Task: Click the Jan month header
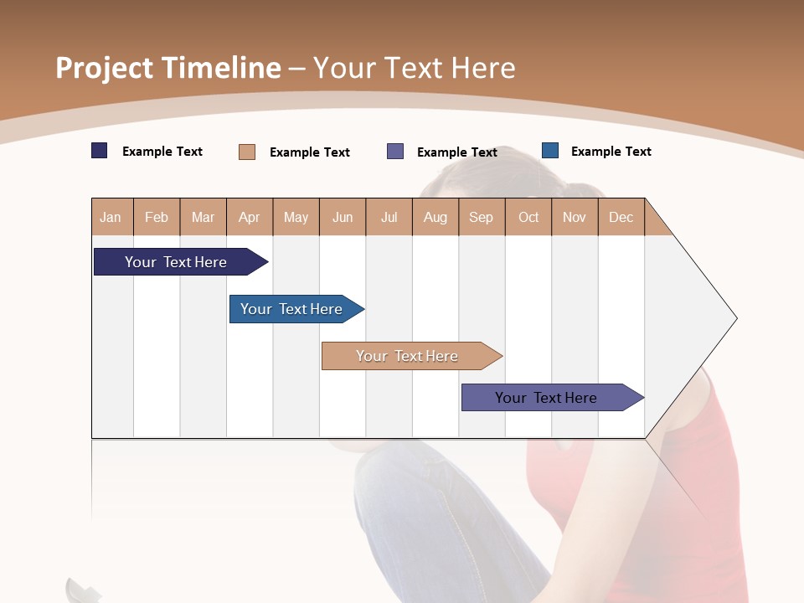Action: [x=111, y=218]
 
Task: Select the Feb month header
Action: [x=157, y=218]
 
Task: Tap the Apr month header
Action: [x=249, y=218]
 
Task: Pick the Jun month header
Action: [x=343, y=218]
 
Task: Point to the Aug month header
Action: [x=435, y=218]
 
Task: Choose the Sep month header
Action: [x=481, y=218]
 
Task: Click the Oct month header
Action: [x=528, y=218]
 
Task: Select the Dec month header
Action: [x=621, y=218]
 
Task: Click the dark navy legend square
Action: [x=100, y=151]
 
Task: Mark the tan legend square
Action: [x=247, y=152]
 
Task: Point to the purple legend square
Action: [x=395, y=152]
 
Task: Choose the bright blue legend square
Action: [x=550, y=151]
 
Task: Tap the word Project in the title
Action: [x=105, y=68]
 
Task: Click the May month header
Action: [x=296, y=218]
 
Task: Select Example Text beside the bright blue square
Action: [x=611, y=152]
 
